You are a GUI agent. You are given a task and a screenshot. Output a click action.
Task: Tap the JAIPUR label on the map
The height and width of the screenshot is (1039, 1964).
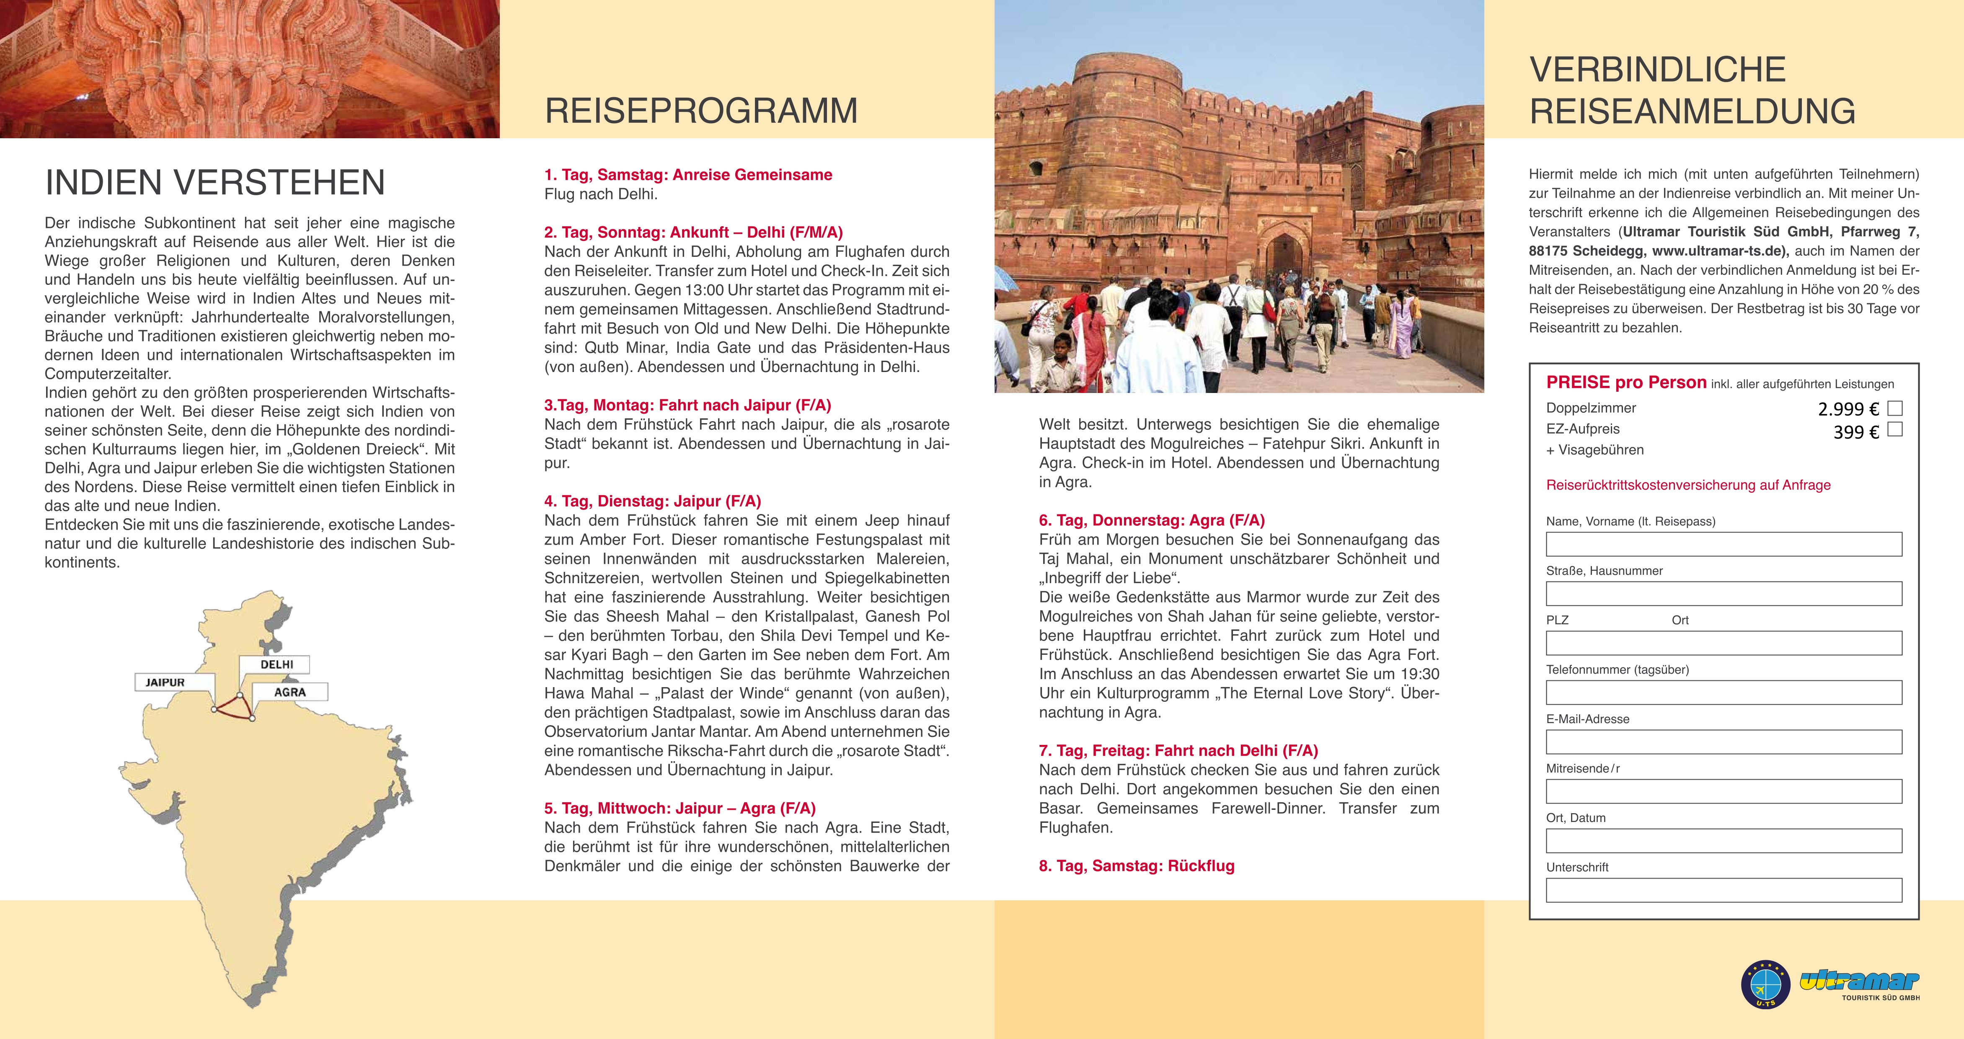[165, 682]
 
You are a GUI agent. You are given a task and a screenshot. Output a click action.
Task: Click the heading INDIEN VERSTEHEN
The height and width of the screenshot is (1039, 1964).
[215, 182]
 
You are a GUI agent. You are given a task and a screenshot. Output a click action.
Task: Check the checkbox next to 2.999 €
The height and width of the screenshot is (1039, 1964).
[1894, 408]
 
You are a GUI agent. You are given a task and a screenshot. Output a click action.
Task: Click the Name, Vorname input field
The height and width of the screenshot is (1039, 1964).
[1723, 544]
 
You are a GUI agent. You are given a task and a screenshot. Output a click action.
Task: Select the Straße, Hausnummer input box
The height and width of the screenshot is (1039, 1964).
[1723, 594]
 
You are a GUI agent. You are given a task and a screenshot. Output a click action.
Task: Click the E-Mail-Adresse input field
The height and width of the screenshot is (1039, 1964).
[1723, 742]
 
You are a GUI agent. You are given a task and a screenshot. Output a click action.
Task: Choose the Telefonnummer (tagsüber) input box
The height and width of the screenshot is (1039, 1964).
[1723, 692]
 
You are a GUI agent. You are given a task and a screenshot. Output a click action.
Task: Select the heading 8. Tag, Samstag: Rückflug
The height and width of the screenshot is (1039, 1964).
[1136, 866]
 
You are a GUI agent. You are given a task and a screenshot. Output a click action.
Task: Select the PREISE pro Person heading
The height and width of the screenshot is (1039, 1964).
[1625, 383]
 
